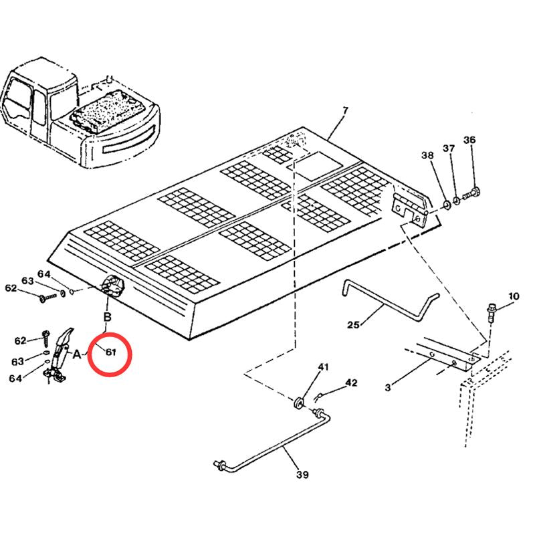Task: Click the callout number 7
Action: (345, 111)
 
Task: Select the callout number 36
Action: (469, 140)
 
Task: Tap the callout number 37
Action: (449, 148)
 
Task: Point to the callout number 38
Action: (427, 155)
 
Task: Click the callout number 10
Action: (514, 296)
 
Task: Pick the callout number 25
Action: (354, 324)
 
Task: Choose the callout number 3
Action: (388, 387)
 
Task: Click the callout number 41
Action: (324, 367)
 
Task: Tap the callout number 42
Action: (352, 383)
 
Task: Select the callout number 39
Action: (302, 475)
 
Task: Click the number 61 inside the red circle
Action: (111, 352)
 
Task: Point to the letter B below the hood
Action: (108, 317)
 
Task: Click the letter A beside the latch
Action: (77, 354)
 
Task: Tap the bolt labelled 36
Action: (472, 193)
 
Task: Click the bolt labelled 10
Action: (491, 312)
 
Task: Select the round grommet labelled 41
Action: (299, 403)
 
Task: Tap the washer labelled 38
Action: (446, 205)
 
